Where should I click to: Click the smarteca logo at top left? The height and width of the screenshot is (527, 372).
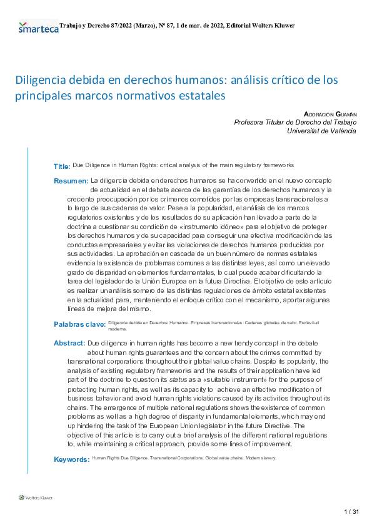tap(38, 28)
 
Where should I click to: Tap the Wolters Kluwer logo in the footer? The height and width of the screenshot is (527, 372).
tap(36, 498)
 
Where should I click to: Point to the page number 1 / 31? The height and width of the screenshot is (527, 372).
tap(351, 512)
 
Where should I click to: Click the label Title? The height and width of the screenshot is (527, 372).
tap(62, 166)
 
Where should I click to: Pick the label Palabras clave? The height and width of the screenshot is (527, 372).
tap(79, 324)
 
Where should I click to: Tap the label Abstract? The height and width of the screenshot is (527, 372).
tap(69, 344)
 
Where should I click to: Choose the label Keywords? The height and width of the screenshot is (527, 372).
tap(72, 459)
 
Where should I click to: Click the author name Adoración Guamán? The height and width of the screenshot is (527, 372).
tap(329, 114)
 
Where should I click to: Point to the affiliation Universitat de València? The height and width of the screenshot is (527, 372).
tap(321, 131)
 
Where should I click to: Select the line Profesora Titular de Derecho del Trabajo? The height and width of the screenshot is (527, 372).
tap(295, 123)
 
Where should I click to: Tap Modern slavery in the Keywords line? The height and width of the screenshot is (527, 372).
tap(259, 458)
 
